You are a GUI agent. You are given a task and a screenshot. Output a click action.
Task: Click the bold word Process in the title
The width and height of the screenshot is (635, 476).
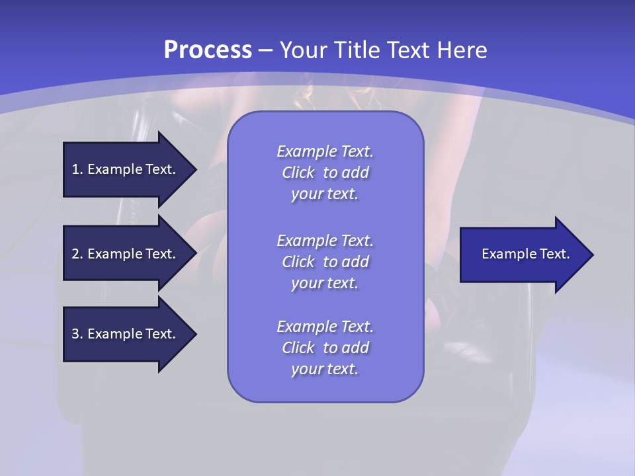tap(208, 50)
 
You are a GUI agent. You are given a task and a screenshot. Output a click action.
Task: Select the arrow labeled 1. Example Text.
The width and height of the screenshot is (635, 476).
tap(126, 169)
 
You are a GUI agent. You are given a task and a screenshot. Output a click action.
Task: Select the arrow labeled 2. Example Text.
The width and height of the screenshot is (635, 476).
tap(126, 254)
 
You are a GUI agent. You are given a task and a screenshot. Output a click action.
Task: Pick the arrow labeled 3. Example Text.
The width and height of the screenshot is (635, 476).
tap(126, 334)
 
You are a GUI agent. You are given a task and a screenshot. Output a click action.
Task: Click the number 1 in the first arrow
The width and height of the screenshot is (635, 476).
tap(75, 169)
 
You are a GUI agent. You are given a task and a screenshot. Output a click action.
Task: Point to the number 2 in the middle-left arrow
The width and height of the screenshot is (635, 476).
tap(75, 254)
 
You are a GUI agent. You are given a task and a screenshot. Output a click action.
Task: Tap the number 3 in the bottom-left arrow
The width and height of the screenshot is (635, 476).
tap(75, 334)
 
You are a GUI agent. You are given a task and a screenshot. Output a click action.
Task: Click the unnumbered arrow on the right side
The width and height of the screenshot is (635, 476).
tap(523, 255)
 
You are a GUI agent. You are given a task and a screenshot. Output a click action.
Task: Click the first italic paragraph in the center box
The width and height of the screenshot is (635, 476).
tap(325, 173)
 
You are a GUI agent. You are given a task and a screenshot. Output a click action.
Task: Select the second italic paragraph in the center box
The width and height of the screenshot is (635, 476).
tap(325, 262)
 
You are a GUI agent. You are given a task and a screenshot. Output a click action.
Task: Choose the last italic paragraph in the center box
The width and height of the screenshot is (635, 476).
tap(325, 348)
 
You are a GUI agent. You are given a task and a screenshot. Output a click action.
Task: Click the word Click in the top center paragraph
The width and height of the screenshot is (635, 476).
tap(298, 173)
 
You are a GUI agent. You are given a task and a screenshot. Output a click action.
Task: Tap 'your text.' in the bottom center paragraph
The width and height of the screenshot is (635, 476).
tap(325, 369)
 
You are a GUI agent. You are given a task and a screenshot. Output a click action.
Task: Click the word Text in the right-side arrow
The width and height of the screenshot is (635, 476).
tap(555, 254)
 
